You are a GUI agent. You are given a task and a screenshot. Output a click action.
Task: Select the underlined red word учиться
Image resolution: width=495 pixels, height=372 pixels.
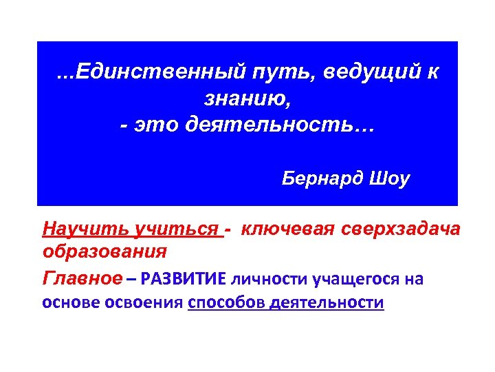point(167,229)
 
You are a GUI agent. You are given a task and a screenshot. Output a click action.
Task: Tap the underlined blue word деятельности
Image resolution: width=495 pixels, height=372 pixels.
point(327,304)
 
